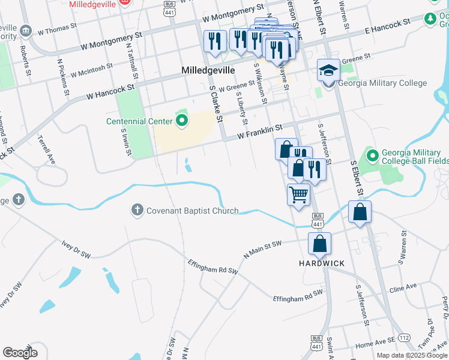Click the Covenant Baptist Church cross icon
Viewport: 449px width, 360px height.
(x=137, y=210)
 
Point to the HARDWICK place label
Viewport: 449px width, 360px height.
(x=322, y=263)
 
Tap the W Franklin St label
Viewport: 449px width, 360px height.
(x=259, y=132)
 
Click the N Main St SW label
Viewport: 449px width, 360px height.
(x=262, y=250)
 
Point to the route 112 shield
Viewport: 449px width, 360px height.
(x=404, y=338)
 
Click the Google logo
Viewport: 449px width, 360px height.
(x=20, y=353)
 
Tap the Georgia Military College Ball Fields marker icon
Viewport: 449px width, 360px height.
(x=372, y=157)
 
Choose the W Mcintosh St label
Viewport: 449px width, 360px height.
(x=91, y=70)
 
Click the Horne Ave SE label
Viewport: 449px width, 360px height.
(x=375, y=343)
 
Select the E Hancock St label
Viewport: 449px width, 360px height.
(x=387, y=26)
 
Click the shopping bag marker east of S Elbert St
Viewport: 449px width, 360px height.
(x=360, y=212)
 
